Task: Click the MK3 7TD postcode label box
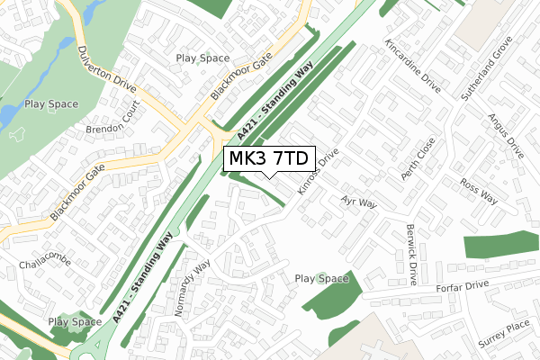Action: [269, 158]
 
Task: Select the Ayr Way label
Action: [358, 202]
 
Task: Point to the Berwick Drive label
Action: [410, 255]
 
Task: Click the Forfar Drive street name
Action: [463, 285]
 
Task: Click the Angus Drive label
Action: [505, 135]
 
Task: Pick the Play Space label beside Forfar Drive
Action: [321, 279]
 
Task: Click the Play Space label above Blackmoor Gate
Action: [202, 58]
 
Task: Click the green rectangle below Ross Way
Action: [501, 245]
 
